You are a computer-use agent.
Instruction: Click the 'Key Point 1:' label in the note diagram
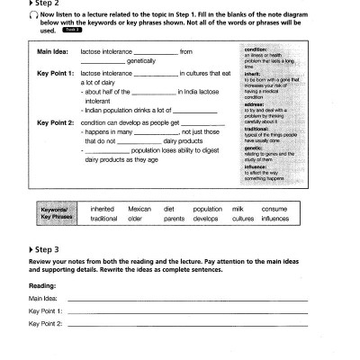tap(55, 71)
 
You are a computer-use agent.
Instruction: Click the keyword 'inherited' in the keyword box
tap(103, 209)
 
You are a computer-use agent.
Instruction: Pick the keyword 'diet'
tap(168, 209)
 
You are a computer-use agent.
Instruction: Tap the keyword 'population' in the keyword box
tap(207, 209)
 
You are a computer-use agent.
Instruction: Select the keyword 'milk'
tap(238, 209)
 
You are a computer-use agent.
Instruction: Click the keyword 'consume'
tap(274, 209)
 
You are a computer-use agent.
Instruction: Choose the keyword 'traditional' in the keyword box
tap(104, 219)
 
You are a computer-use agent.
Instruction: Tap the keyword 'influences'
tap(275, 219)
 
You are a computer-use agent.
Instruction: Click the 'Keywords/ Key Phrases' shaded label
tap(56, 214)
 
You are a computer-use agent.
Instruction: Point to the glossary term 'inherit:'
tap(241, 72)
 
